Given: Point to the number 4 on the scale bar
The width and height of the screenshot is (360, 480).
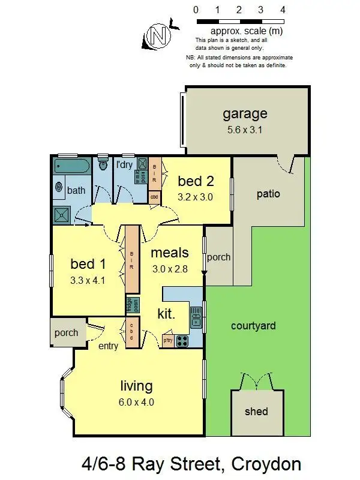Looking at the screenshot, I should tap(282, 10).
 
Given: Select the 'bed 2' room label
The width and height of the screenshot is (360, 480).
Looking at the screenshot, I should tap(196, 181).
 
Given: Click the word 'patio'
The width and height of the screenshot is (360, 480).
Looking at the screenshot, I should tap(268, 194).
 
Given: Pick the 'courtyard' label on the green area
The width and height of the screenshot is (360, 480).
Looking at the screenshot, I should tap(253, 326).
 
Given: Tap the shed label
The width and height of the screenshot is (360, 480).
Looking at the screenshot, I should tap(256, 412).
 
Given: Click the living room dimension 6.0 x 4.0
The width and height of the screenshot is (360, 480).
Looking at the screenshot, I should tap(136, 403).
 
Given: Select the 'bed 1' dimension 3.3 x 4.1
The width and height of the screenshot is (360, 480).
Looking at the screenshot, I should tap(88, 279).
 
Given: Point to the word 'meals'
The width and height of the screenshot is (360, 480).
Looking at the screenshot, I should tap(170, 253).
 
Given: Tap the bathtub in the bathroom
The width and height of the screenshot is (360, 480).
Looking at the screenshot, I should tap(71, 166).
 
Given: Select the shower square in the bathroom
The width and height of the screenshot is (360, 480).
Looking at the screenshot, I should tap(62, 214).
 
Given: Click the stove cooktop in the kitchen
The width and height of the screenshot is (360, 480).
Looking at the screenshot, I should tap(182, 341).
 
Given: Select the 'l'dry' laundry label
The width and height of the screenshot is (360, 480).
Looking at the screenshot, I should tap(124, 164).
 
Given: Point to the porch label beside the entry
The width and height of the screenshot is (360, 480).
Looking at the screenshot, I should tap(66, 333).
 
